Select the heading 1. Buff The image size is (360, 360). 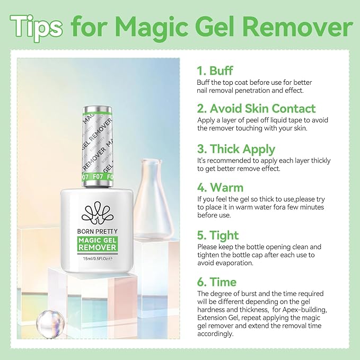click(x=215, y=71)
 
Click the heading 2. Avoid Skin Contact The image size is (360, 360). click(x=256, y=109)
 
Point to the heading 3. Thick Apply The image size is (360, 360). click(x=236, y=148)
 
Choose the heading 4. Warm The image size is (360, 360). click(x=220, y=188)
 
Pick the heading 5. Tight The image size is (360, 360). click(x=218, y=235)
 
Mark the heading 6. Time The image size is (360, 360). click(x=217, y=282)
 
